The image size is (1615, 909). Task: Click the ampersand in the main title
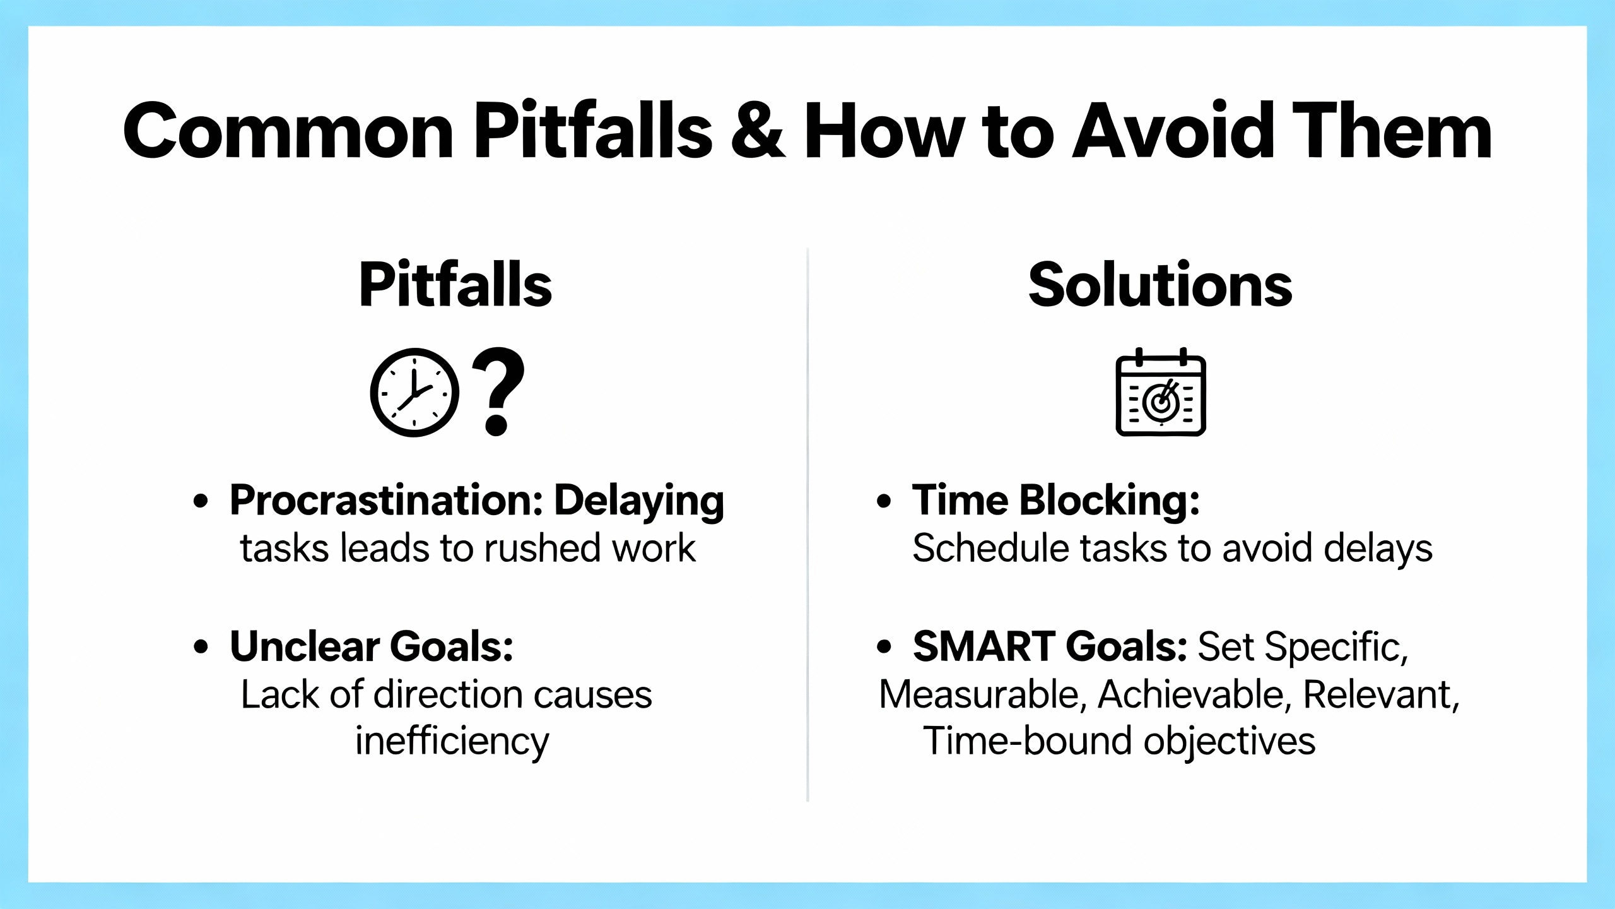coord(758,131)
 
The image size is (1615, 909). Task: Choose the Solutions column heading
coord(1160,285)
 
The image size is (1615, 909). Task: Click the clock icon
coord(414,392)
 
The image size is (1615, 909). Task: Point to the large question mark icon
coord(498,391)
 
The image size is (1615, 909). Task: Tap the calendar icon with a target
coord(1161,391)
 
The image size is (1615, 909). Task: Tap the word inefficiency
coord(452,741)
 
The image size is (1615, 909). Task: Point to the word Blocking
coord(1110,501)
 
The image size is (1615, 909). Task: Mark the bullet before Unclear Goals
coord(201,647)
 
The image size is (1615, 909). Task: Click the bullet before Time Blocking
coord(884,501)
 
